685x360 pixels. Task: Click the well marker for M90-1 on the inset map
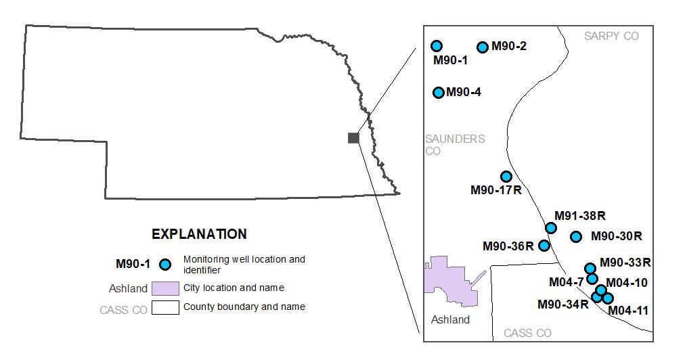point(437,45)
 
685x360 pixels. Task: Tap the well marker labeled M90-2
point(483,47)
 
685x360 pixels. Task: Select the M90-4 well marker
point(439,92)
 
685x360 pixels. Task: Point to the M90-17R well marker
point(506,177)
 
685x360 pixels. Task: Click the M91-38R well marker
point(551,227)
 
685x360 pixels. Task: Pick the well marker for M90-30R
point(576,236)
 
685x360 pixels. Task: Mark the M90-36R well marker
point(544,245)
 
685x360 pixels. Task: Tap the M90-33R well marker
point(590,269)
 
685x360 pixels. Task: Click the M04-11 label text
point(628,311)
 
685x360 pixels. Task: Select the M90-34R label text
point(563,304)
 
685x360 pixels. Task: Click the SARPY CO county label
point(611,36)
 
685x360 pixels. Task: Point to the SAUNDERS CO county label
point(454,145)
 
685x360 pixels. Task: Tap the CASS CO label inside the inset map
point(527,333)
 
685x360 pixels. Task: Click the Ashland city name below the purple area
point(450,319)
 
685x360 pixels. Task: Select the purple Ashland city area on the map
point(447,281)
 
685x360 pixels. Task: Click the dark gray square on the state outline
point(353,138)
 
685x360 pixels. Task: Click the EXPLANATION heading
point(199,234)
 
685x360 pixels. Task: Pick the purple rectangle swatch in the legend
point(165,288)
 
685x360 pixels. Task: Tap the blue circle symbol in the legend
point(163,264)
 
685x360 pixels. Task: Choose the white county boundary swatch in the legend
point(165,307)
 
